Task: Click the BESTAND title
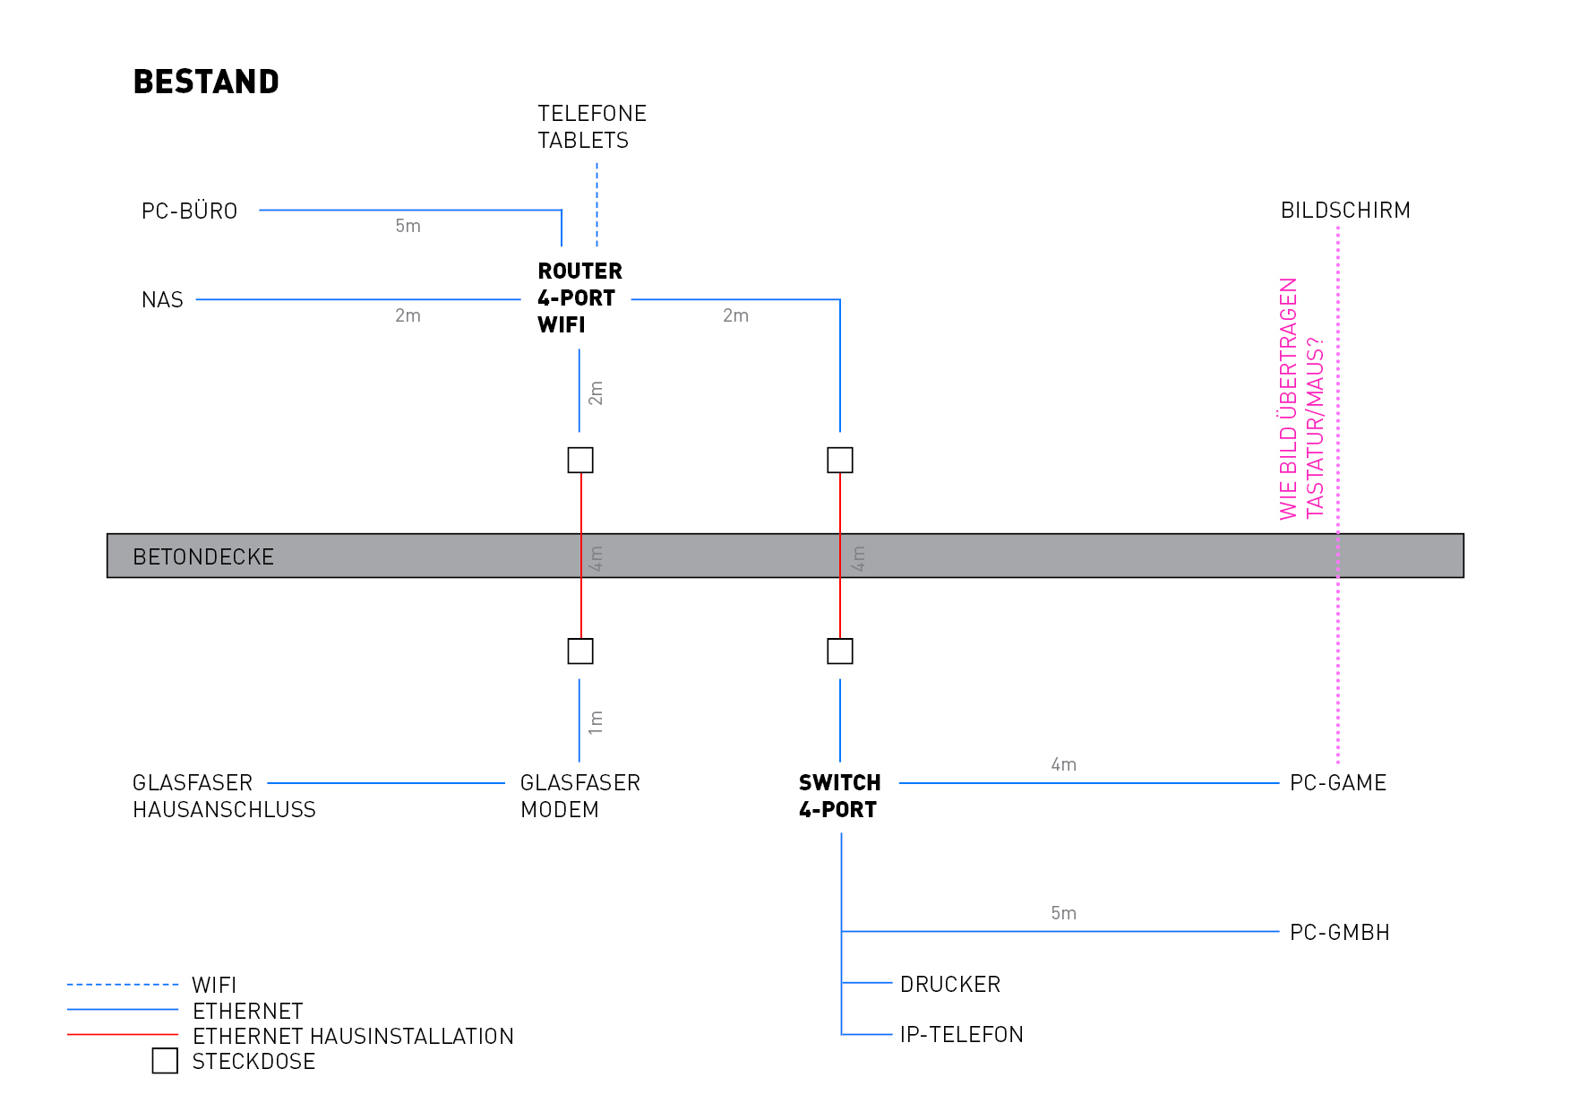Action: (x=206, y=82)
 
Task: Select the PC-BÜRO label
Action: (x=189, y=211)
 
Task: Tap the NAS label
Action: (x=162, y=300)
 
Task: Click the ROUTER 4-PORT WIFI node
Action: (x=579, y=298)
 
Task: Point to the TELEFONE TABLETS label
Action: (x=591, y=127)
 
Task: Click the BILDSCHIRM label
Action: (x=1344, y=211)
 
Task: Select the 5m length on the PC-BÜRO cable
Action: (x=408, y=227)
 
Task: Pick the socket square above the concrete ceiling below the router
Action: (x=580, y=460)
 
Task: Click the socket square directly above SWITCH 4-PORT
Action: (x=839, y=651)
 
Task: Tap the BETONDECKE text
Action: (x=203, y=557)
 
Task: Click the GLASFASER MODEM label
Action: (x=579, y=796)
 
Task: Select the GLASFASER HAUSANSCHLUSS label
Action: (x=224, y=796)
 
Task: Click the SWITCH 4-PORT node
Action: (x=839, y=796)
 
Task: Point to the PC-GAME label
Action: (x=1337, y=783)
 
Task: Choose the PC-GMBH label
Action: (x=1339, y=933)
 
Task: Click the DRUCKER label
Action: (x=949, y=985)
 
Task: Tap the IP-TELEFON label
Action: (x=961, y=1035)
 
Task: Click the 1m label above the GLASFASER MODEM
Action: (x=597, y=722)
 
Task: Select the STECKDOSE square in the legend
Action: (x=165, y=1061)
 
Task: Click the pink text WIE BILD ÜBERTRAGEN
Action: (x=1288, y=399)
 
